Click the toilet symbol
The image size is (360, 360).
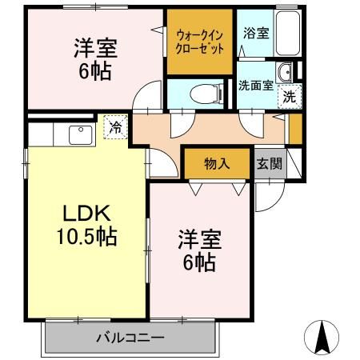pyautogui.click(x=207, y=94)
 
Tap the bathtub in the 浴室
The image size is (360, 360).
pyautogui.click(x=287, y=33)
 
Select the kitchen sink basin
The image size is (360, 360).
pyautogui.click(x=81, y=134)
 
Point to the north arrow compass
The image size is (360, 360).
pyautogui.click(x=322, y=338)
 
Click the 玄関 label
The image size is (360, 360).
pyautogui.click(x=270, y=163)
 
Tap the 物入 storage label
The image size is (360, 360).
pyautogui.click(x=217, y=163)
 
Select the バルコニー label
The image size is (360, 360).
pyautogui.click(x=130, y=338)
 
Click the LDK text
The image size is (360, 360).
pyautogui.click(x=86, y=213)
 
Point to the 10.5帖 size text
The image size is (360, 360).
pyautogui.click(x=86, y=236)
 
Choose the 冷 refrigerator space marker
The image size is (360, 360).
pyautogui.click(x=115, y=127)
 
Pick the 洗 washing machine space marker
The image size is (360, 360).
pyautogui.click(x=290, y=97)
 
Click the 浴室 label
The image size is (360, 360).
pyautogui.click(x=256, y=33)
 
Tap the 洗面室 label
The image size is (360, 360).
pyautogui.click(x=255, y=86)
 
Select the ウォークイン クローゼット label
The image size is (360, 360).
pyautogui.click(x=200, y=42)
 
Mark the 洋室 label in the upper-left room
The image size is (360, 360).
pyautogui.click(x=95, y=48)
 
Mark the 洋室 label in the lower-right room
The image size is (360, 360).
pyautogui.click(x=200, y=239)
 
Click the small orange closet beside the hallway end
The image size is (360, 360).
pyautogui.click(x=295, y=129)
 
